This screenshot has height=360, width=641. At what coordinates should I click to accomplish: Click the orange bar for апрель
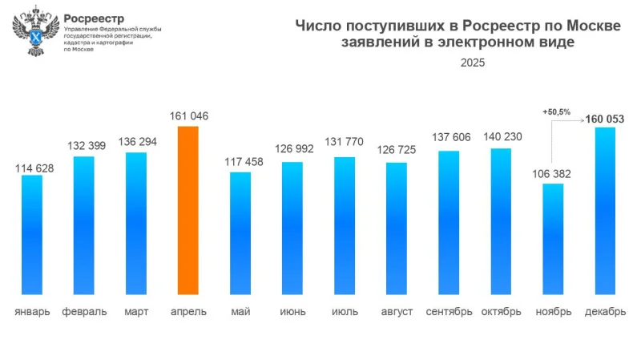pos(188,210)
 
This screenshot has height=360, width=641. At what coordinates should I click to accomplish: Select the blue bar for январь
pos(32,234)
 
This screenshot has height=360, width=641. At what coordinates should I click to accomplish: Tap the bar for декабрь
pos(605,210)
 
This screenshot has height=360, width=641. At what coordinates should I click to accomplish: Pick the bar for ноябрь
pos(553,238)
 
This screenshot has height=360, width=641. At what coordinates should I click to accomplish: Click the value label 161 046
pos(189,116)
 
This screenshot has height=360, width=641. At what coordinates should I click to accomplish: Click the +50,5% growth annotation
pos(555,112)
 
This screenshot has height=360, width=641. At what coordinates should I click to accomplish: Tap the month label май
pos(240,311)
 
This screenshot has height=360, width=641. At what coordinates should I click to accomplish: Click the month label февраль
pos(84,311)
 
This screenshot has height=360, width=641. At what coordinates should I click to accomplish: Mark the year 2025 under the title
pos(472,62)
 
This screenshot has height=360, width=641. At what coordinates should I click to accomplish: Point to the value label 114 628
pos(32,167)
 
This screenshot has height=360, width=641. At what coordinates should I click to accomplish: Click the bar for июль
pos(345,225)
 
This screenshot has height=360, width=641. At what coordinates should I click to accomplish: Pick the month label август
pos(397,311)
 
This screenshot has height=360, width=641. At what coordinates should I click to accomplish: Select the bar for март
pos(136,223)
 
